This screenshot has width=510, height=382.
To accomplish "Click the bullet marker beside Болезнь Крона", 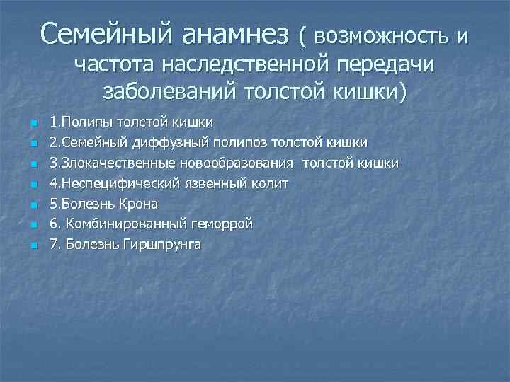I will point(33,206).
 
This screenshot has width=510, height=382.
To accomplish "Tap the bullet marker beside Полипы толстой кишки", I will point(33,125).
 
